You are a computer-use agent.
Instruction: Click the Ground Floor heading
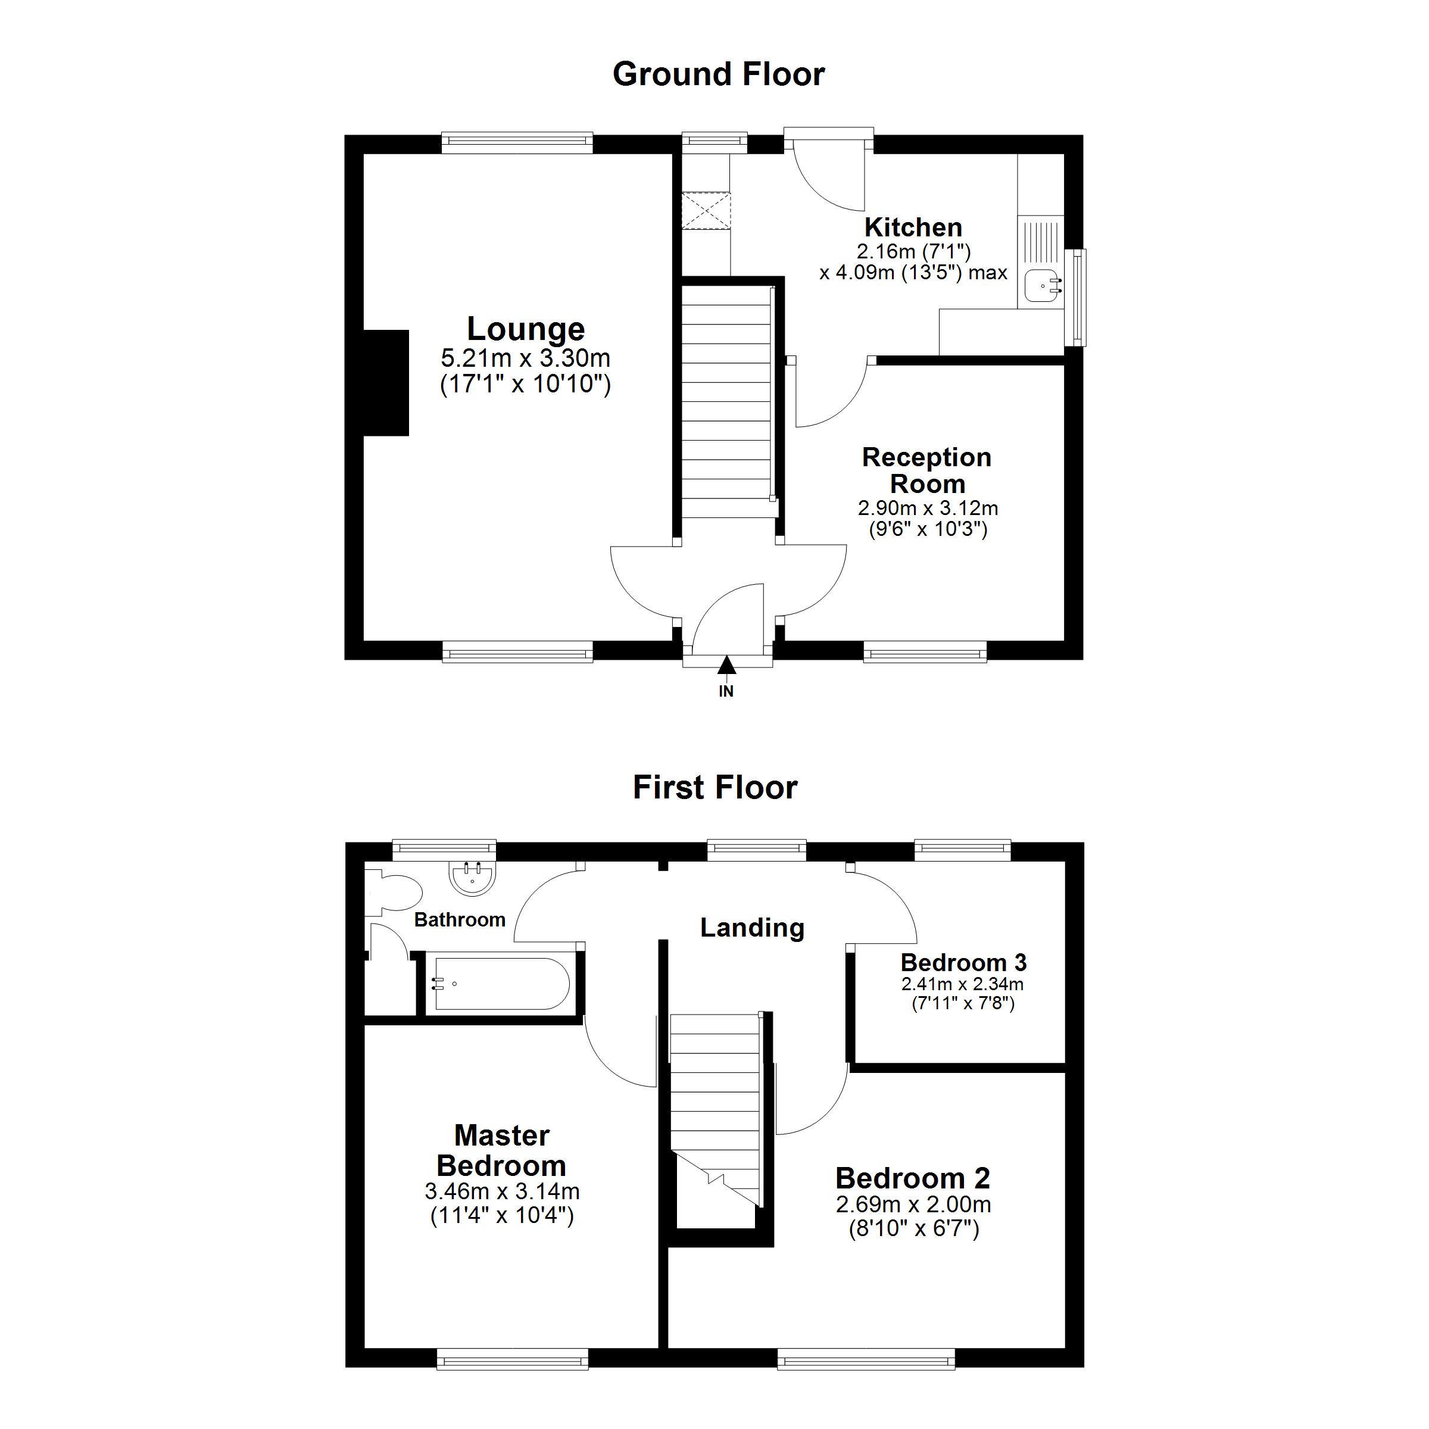coord(718,74)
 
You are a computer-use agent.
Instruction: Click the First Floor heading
coord(715,788)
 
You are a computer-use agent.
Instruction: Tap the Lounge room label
coord(525,329)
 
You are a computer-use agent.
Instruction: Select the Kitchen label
coord(913,226)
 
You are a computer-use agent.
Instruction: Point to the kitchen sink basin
coord(1044,283)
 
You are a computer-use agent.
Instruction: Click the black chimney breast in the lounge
coord(386,382)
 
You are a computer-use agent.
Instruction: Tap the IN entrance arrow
coord(727,666)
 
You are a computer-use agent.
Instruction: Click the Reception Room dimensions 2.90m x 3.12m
coord(928,508)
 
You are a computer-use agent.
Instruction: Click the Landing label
coord(752,928)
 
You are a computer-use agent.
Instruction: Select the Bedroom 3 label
coord(964,962)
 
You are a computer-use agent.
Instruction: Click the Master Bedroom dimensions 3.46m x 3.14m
coord(502,1191)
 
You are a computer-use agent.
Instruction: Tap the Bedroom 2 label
coord(913,1178)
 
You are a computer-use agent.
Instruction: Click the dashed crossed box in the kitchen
coord(706,211)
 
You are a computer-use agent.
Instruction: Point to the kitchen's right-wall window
coord(1080,297)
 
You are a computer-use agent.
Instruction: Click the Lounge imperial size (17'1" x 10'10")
coord(525,385)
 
